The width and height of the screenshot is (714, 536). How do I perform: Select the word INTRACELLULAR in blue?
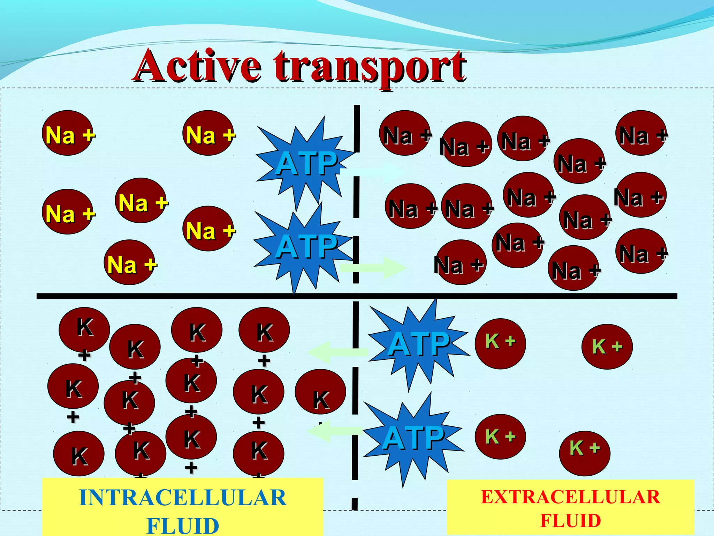[183, 498]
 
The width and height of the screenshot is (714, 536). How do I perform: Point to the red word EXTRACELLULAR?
[570, 497]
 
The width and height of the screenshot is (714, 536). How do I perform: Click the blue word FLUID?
[183, 526]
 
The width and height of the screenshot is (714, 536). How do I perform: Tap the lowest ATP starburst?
[413, 438]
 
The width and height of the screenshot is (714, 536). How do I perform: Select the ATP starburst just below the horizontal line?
[418, 344]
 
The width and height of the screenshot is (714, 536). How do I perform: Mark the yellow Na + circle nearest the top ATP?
[208, 133]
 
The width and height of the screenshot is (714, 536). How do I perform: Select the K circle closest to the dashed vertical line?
[320, 392]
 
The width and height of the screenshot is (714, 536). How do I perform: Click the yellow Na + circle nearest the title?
[208, 133]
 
